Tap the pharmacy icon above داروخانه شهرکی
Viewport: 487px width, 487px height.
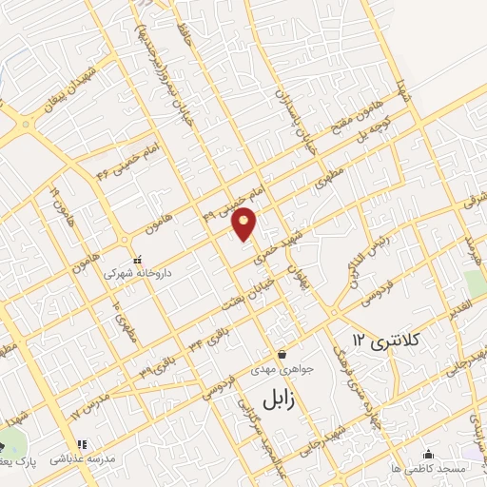(x=137, y=258)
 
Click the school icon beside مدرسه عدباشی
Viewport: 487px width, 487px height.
(x=82, y=443)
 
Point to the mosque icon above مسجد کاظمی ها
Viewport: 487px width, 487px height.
(x=429, y=454)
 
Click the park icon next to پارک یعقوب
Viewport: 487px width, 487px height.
(x=3, y=447)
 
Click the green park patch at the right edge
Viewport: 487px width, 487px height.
(x=475, y=284)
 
